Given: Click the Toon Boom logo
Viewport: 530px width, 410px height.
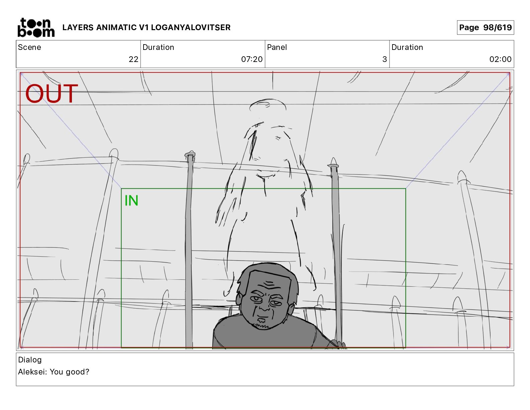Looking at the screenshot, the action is pos(36,27).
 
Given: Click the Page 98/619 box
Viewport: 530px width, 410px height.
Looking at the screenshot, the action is pos(485,27).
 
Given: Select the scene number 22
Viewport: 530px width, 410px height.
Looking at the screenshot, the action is pos(134,59).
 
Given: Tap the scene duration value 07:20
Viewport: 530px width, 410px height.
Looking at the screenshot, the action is pos(252,59).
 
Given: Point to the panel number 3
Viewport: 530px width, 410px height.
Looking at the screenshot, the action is pos(385,59).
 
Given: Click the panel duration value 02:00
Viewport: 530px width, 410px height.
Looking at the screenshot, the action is pos(500,59).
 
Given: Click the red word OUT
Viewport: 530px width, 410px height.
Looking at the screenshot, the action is pos(52,93).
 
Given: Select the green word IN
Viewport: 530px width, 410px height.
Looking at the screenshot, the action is pos(131,201).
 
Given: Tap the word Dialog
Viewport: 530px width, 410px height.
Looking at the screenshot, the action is pos(30,360).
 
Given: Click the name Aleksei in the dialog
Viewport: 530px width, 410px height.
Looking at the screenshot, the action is pos(32,372).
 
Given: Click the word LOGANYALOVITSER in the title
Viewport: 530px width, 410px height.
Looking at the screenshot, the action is pos(191,27).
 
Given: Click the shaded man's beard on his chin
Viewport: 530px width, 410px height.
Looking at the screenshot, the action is pos(261,324).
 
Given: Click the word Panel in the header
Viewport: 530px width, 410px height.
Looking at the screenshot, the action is pos(277,47).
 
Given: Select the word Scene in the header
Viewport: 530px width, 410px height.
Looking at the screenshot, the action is pos(29,47).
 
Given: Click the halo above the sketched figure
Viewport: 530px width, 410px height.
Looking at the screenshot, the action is pos(268,105).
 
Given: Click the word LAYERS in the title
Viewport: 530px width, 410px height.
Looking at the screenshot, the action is pos(78,27).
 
